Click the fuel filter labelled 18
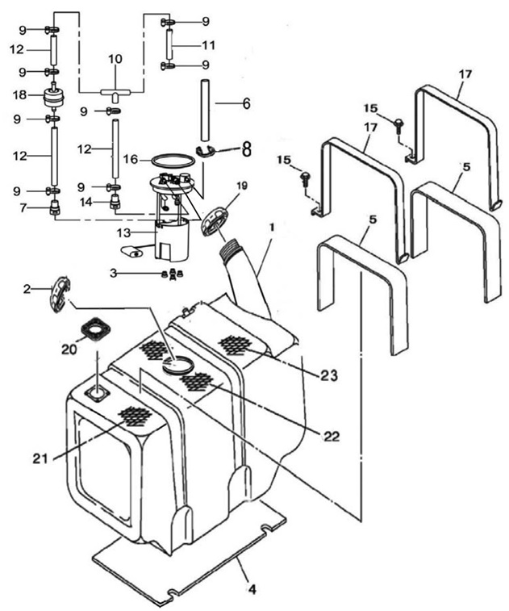coord(55,99)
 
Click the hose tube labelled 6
coord(205,103)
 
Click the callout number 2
coord(27,289)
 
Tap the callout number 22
coord(331,436)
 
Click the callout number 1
coord(272,228)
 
